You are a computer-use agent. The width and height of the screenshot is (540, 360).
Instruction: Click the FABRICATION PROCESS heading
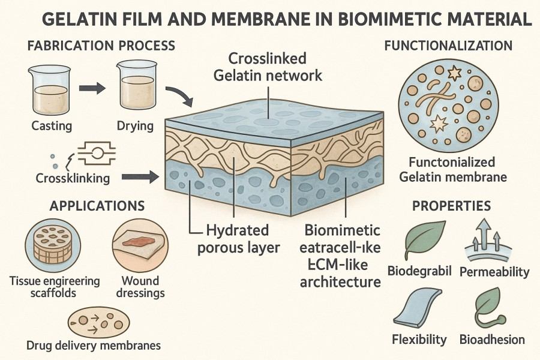(x=100, y=46)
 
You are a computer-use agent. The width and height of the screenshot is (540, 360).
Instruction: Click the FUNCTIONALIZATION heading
(x=448, y=46)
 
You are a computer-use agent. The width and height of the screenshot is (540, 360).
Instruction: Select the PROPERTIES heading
(x=451, y=206)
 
